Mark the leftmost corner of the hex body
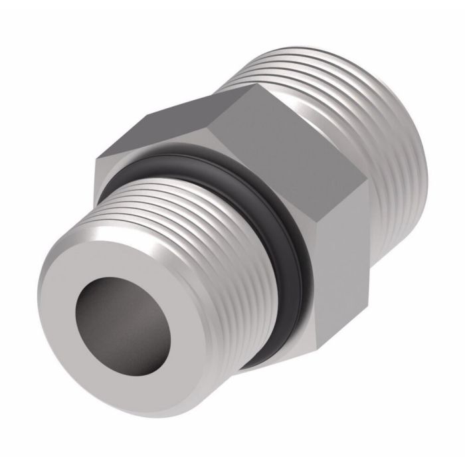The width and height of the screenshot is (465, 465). click(x=96, y=159)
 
